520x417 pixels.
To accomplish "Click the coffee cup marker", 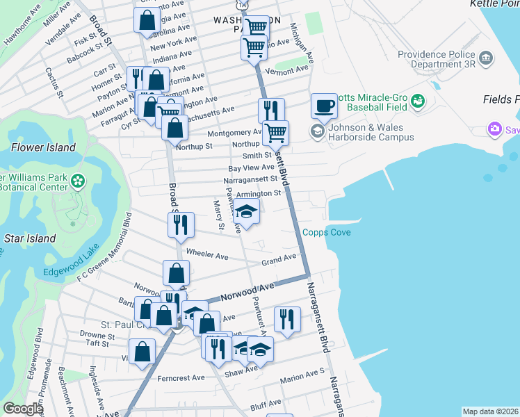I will tap(324, 106).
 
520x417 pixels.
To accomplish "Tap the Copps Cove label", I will tap(326, 233).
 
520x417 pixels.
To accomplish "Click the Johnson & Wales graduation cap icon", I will tap(318, 131).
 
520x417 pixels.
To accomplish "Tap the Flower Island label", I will tap(43, 147).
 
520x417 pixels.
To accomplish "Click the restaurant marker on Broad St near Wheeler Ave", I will tap(181, 224).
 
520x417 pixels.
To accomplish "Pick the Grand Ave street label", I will tap(279, 260).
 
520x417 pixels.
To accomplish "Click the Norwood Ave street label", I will tap(247, 292).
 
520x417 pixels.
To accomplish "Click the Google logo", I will tap(23, 409).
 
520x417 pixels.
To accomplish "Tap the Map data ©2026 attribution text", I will tap(491, 411).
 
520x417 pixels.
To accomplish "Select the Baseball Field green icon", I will tap(418, 102).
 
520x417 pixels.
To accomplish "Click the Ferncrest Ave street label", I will tap(179, 377).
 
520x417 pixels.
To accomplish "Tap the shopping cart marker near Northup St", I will tap(276, 132).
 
